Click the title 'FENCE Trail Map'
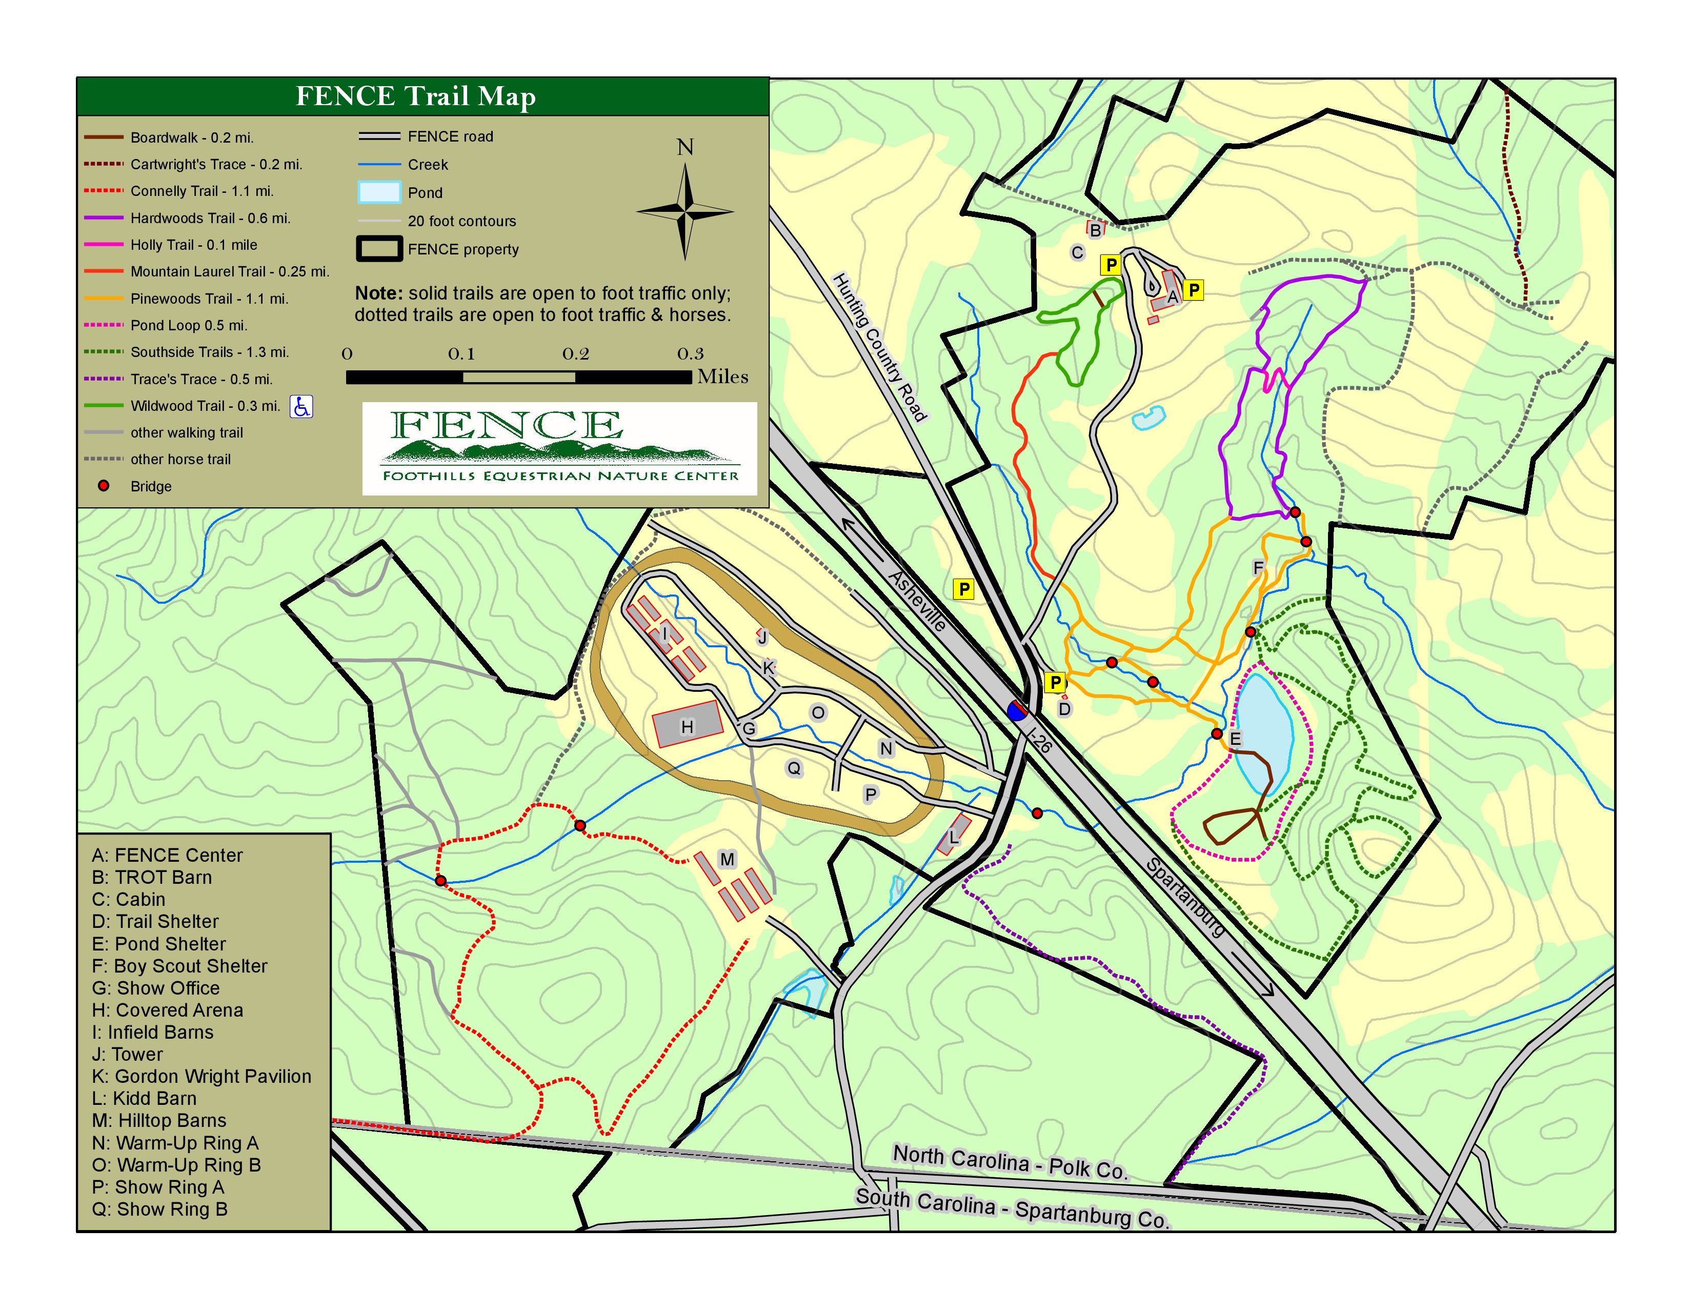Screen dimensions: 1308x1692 click(x=416, y=96)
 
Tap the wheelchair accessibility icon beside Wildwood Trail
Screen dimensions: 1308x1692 click(x=301, y=406)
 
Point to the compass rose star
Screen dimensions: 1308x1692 click(x=685, y=211)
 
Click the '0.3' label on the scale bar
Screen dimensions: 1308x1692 click(x=690, y=354)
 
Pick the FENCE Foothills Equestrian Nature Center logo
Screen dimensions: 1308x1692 click(x=559, y=448)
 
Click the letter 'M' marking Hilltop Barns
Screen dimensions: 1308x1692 click(x=727, y=859)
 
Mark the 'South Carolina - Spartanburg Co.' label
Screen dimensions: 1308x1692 click(x=1011, y=1207)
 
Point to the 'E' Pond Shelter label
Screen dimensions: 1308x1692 click(x=1235, y=739)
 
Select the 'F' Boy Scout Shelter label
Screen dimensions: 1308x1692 click(x=1258, y=568)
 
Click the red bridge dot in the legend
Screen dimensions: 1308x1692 click(x=103, y=486)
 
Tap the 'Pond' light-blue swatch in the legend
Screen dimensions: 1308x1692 click(x=379, y=192)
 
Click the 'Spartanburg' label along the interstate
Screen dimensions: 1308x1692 click(x=1185, y=897)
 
